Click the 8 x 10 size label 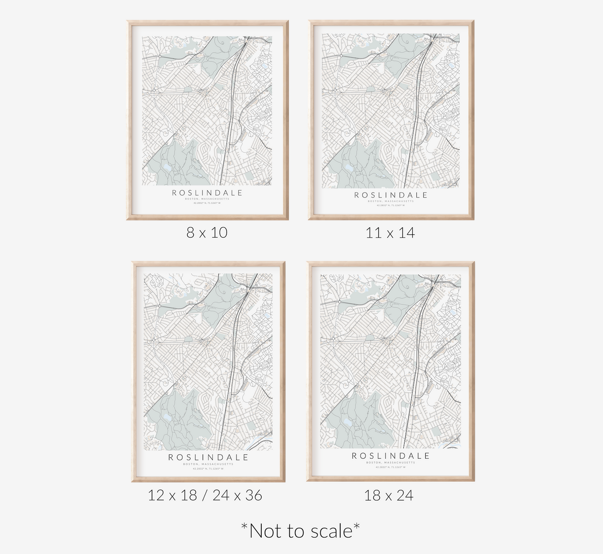click(207, 233)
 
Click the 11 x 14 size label click(390, 233)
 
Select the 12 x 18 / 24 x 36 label click(205, 495)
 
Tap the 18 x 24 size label click(389, 495)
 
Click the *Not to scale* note click(300, 531)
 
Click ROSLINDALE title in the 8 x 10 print click(207, 193)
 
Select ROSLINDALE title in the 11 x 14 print click(391, 195)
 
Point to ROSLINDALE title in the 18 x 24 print click(391, 456)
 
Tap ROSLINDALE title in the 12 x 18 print click(208, 458)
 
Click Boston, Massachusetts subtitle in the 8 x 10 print click(207, 199)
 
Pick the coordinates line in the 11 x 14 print click(391, 205)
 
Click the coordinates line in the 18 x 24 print click(391, 467)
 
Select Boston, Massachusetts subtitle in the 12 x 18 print click(208, 464)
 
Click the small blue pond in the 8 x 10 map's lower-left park click(167, 167)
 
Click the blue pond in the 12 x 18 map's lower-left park click(167, 417)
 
